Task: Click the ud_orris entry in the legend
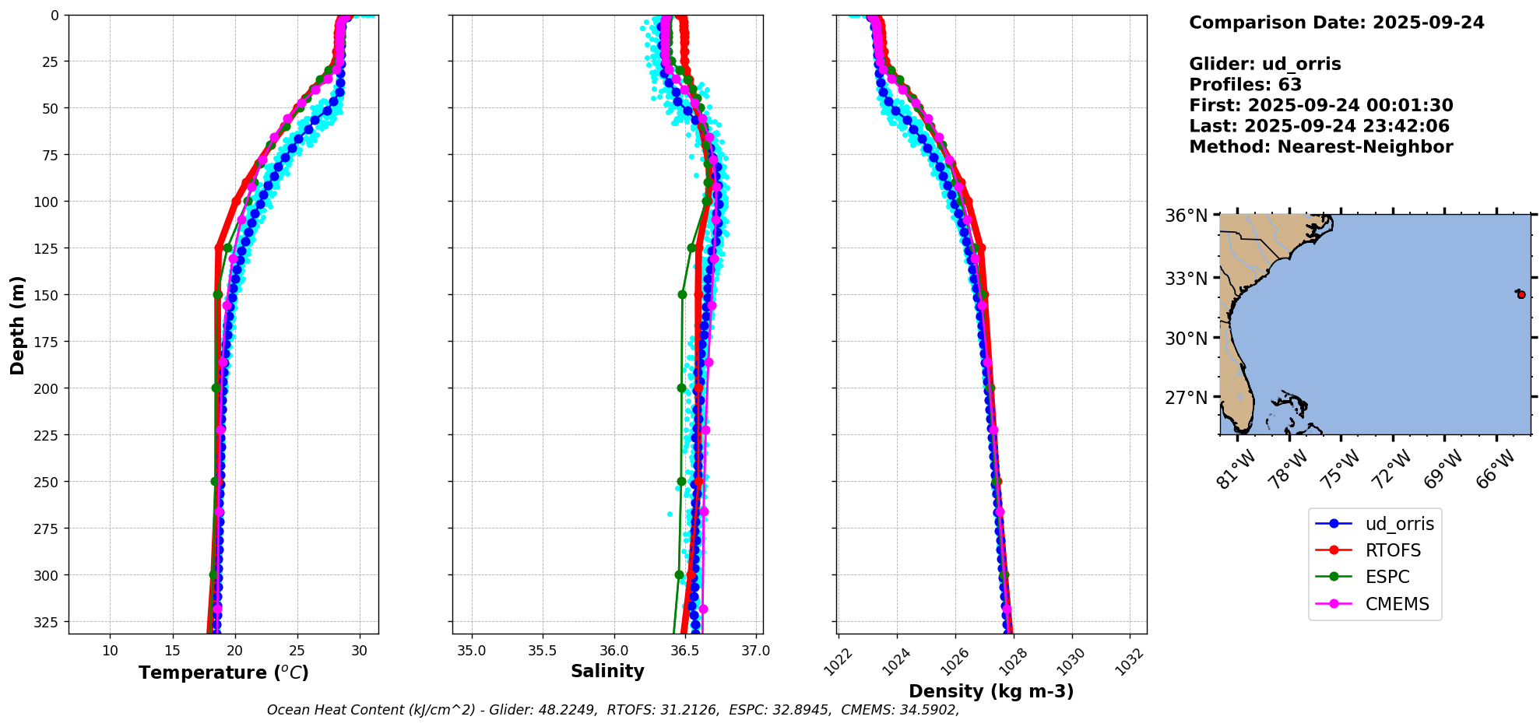[x=1399, y=524]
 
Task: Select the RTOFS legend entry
[x=1393, y=550]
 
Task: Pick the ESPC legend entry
[x=1387, y=577]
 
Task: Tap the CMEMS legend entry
[x=1397, y=604]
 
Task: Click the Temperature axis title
[x=223, y=673]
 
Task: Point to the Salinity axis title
[x=607, y=671]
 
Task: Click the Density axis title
[x=991, y=691]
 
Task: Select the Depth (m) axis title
[x=17, y=325]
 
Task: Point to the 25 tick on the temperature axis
[x=297, y=651]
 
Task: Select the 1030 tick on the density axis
[x=1071, y=662]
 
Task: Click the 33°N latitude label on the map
[x=1186, y=278]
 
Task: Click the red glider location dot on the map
[x=1521, y=294]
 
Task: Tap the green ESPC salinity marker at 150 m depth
[x=682, y=294]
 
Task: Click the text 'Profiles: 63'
[x=1245, y=85]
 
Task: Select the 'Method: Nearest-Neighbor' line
[x=1320, y=147]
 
